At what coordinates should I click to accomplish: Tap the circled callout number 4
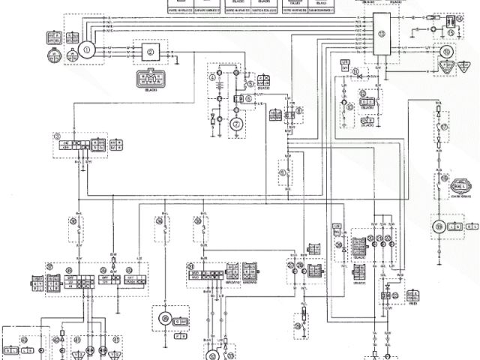(213, 77)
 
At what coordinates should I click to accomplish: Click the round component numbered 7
(236, 124)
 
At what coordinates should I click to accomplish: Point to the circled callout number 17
(444, 127)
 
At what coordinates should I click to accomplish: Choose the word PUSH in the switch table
(136, 283)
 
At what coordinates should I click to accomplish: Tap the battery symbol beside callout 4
(218, 97)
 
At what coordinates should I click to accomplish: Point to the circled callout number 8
(298, 111)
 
